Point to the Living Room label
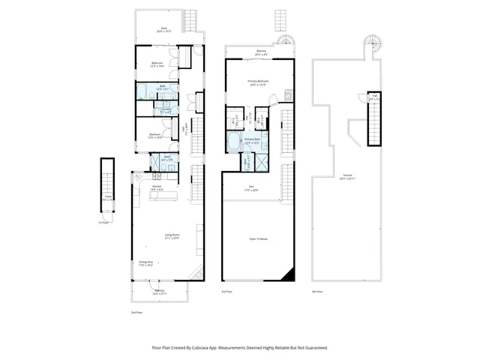pos(172,237)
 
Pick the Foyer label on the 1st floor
pos(107,199)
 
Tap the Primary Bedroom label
pos(259,83)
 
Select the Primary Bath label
pos(252,141)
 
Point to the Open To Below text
pos(259,239)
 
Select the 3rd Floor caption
pos(226,291)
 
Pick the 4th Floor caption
pos(317,291)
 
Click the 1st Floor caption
pos(102,223)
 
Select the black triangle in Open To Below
pos(289,276)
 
